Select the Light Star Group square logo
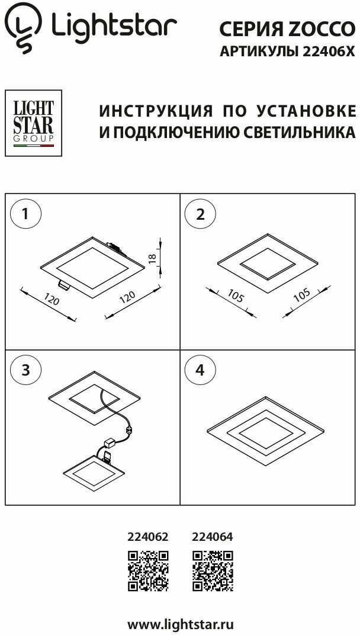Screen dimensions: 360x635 point(33,123)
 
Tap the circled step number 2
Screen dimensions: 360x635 point(200,213)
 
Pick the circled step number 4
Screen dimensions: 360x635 point(200,370)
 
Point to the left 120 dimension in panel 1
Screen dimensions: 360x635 point(53,301)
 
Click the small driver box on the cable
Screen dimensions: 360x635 point(110,442)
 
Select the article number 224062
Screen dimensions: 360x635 point(148,537)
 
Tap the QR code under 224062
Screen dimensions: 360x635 point(148,571)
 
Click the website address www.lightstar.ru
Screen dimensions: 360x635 point(181,624)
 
